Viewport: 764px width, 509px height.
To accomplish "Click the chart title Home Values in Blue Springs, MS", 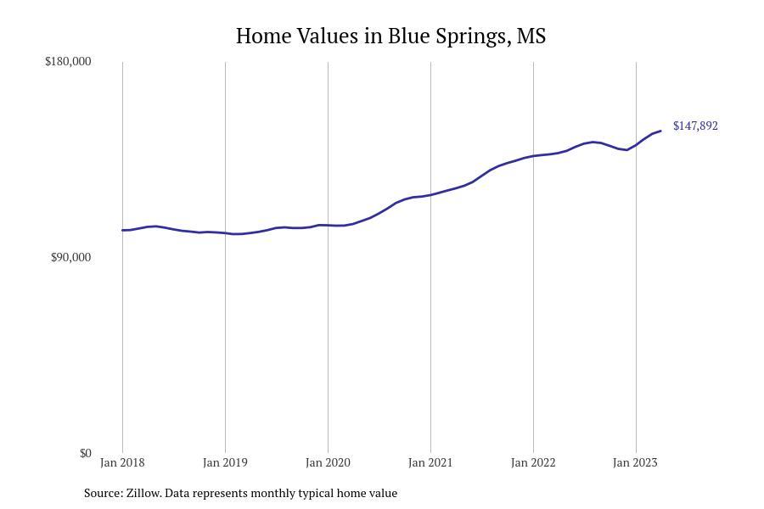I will coord(390,36).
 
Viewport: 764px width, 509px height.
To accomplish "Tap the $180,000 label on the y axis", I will coord(68,62).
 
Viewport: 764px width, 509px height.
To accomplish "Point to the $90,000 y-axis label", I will coord(70,258).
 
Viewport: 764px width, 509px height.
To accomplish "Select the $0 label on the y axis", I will coord(85,454).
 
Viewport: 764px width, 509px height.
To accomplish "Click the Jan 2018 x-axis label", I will coord(122,463).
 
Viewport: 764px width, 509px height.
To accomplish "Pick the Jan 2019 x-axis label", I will coord(225,463).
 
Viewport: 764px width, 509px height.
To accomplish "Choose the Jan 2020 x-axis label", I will coord(328,463).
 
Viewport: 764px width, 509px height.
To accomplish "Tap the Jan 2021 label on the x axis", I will coord(430,463).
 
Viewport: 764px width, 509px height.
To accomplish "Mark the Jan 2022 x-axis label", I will coord(533,463).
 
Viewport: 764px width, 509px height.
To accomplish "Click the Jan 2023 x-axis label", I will coord(635,463).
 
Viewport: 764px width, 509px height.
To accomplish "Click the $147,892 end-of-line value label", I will coord(695,126).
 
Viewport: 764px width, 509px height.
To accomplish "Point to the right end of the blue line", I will coord(660,131).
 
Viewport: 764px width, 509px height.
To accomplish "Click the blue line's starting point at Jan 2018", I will coord(122,230).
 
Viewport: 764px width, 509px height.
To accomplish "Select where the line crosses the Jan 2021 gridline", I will coord(430,195).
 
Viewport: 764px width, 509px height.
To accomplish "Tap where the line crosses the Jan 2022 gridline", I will coord(533,156).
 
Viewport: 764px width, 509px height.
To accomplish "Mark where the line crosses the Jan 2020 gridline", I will coord(328,225).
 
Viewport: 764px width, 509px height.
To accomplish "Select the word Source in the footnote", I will coord(102,493).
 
